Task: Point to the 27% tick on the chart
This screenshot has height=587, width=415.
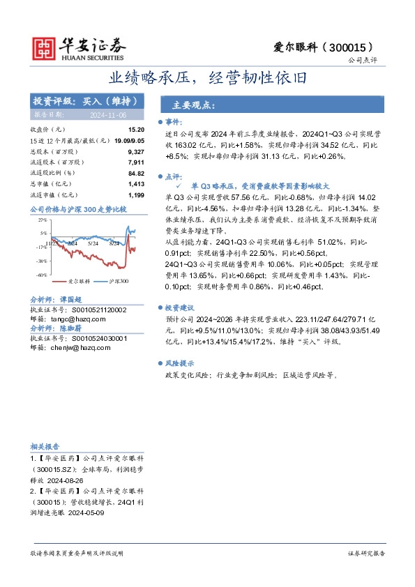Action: pyautogui.click(x=43, y=220)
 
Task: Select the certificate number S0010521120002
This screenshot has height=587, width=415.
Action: pyautogui.click(x=95, y=310)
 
